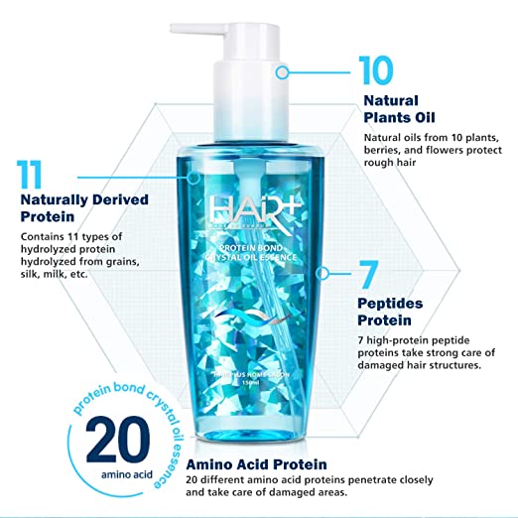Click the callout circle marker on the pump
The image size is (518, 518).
(x=282, y=71)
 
